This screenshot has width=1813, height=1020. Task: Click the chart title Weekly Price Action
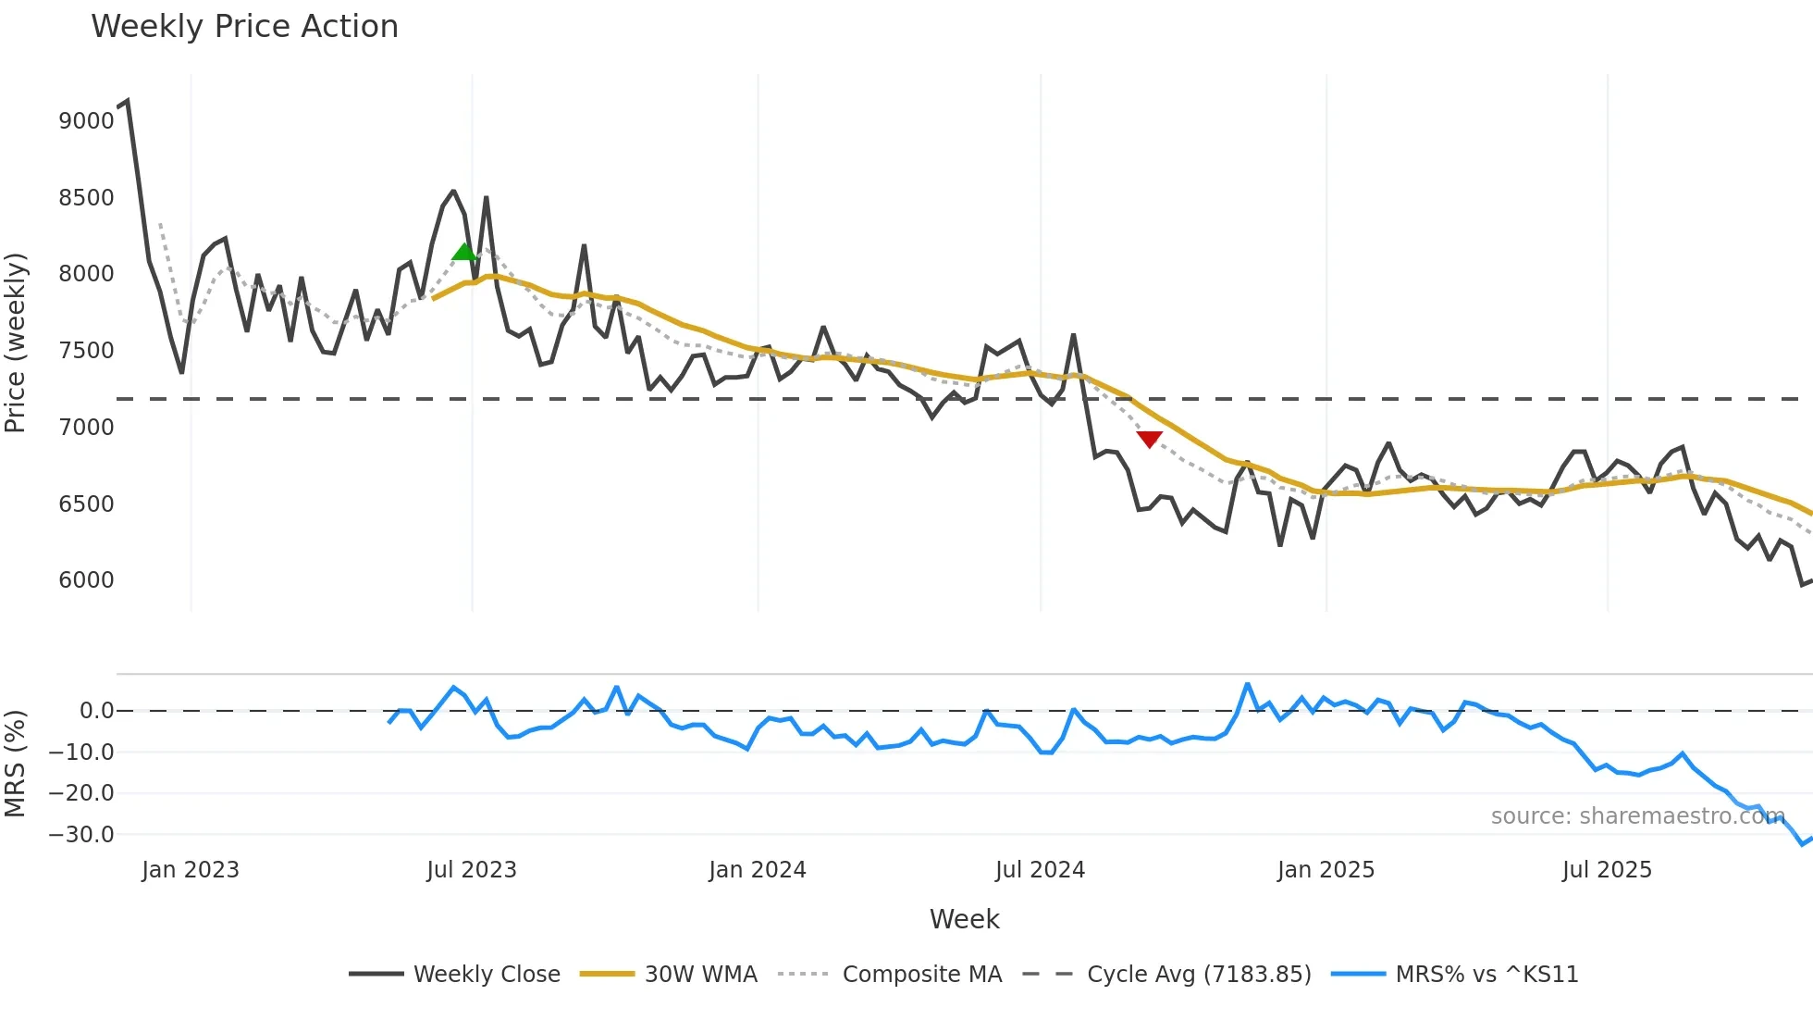tap(244, 27)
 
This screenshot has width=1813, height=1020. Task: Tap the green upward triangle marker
tap(464, 252)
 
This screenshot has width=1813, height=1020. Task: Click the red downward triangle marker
tap(1149, 439)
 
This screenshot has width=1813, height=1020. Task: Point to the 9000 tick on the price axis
tap(86, 121)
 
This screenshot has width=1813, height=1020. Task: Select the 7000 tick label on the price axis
tap(86, 428)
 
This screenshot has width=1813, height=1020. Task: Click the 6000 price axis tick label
tap(86, 580)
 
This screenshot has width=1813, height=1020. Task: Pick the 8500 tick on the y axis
tap(86, 198)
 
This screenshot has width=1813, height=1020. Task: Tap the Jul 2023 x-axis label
tap(472, 870)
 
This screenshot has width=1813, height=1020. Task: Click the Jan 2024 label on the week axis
tap(758, 870)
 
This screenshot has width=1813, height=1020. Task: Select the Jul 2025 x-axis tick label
tap(1607, 870)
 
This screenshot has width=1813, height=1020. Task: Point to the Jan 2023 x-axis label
tap(191, 870)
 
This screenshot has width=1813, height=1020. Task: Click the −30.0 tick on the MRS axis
tap(81, 835)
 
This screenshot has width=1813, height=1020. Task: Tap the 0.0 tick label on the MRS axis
tap(96, 711)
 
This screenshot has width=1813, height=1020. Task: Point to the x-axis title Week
tap(964, 919)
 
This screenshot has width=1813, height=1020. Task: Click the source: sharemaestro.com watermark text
tap(1637, 816)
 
